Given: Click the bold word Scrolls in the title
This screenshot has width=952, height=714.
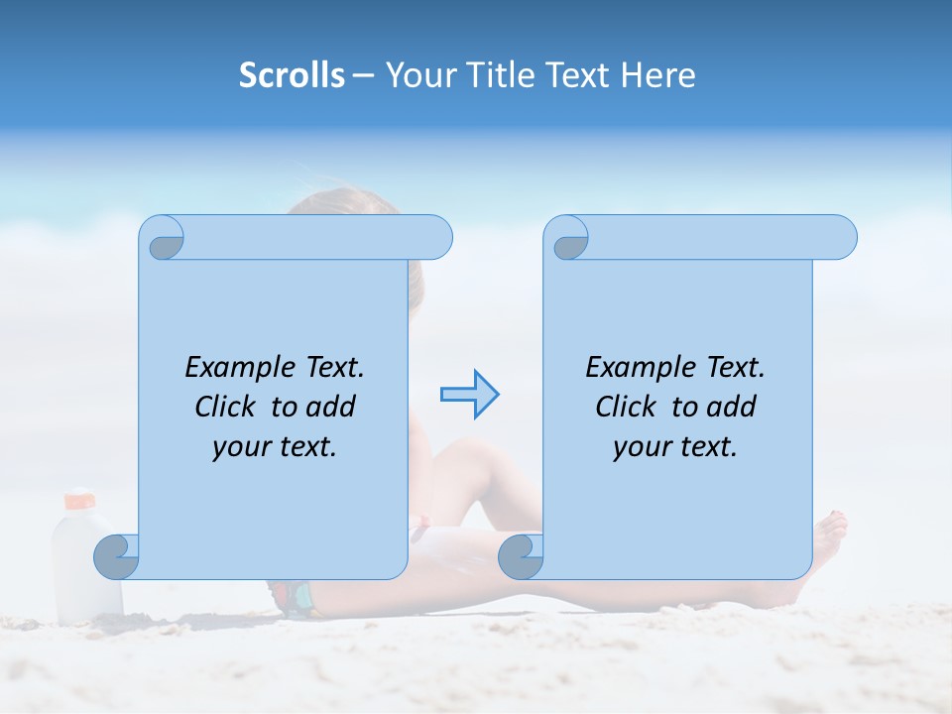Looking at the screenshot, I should click(x=293, y=75).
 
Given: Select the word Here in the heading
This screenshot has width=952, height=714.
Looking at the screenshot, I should click(x=657, y=75).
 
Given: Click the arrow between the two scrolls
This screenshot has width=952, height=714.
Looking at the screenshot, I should click(x=469, y=395).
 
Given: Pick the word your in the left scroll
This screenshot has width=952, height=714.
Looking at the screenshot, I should click(x=241, y=447).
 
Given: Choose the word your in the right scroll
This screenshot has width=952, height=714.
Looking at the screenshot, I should click(x=642, y=447).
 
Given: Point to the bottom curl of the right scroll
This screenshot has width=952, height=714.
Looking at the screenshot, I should click(x=521, y=556).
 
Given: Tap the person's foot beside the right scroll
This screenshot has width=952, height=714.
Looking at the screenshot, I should click(x=828, y=540).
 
